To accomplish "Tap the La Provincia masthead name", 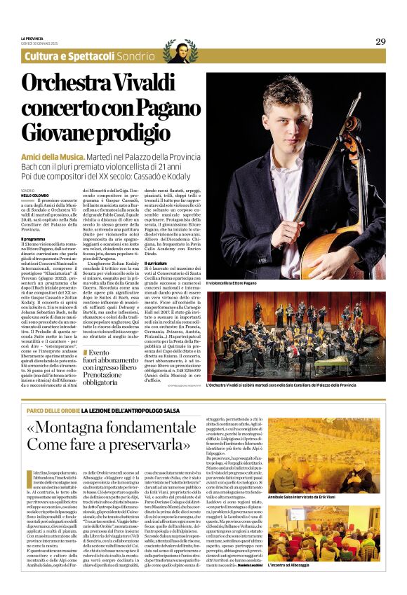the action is point(32,39).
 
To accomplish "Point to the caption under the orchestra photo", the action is point(295,388).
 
